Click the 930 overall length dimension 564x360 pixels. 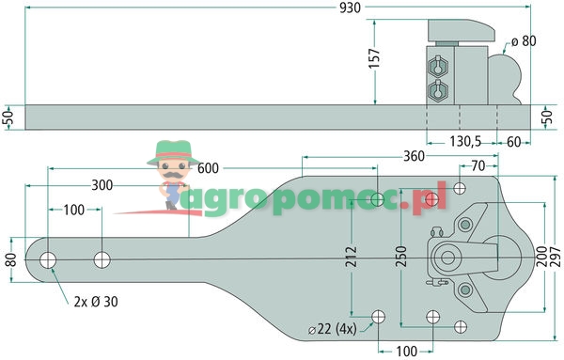point(350,8)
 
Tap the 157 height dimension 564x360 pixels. point(374,58)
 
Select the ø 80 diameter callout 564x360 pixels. point(524,41)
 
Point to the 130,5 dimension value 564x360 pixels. point(465,142)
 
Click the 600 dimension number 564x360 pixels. point(208,168)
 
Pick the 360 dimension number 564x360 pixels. point(414,156)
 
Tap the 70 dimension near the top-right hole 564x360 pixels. point(478,165)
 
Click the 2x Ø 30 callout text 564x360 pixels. point(96,302)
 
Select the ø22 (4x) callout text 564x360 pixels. point(333,329)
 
